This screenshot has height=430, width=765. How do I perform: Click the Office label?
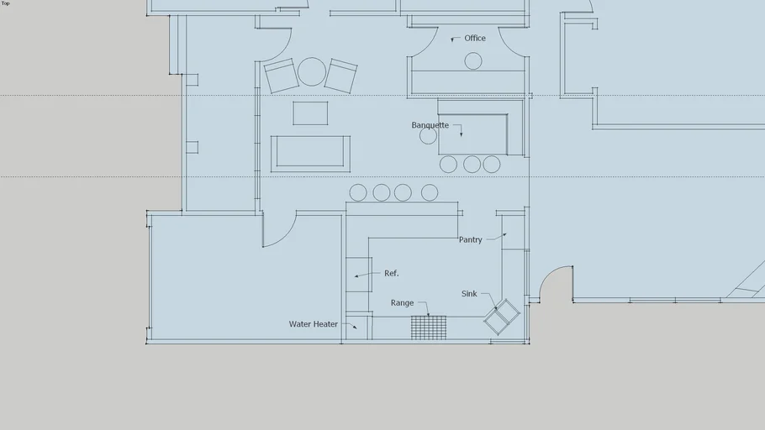[475, 38]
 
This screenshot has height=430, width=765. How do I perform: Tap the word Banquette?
[430, 125]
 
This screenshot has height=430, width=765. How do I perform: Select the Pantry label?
[470, 240]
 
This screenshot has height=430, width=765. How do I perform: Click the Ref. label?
[391, 274]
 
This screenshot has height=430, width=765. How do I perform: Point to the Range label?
[402, 303]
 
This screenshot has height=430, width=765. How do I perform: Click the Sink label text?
[469, 293]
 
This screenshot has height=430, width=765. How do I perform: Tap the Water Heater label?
[314, 324]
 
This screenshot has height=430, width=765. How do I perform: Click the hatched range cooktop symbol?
[429, 328]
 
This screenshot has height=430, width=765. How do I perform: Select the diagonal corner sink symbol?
[502, 317]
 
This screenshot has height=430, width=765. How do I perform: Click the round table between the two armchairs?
[312, 71]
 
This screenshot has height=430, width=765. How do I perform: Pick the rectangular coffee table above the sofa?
[310, 113]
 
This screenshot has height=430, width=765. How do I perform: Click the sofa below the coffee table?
[310, 154]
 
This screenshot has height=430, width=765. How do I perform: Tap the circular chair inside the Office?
[473, 61]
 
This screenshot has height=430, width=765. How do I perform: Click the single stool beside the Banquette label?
[429, 136]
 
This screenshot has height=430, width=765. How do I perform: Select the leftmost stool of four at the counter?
[358, 192]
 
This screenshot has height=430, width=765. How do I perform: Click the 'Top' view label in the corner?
[5, 3]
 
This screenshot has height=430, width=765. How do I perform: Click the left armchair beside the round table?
[282, 76]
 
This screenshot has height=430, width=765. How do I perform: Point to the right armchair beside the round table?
[341, 76]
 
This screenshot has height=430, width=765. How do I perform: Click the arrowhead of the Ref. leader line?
[356, 276]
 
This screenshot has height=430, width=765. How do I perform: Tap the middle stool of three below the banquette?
[472, 165]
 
